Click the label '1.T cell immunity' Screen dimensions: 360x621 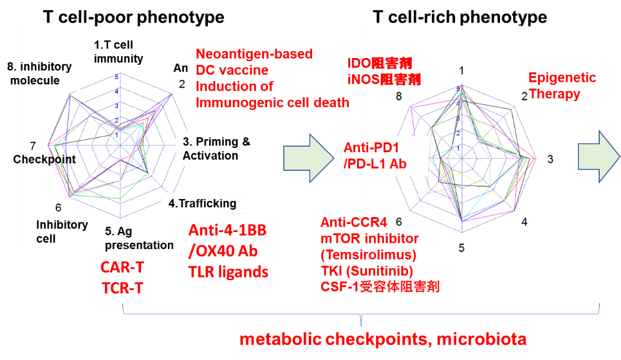(x=119, y=52)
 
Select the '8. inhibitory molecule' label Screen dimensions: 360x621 (x=40, y=73)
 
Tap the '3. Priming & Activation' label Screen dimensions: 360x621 (x=216, y=148)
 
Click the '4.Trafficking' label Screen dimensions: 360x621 (x=203, y=203)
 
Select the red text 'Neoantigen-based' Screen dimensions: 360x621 (x=254, y=54)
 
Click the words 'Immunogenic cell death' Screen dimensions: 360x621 (x=272, y=102)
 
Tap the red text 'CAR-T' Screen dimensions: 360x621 (x=123, y=268)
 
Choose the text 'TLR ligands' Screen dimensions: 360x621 (x=228, y=272)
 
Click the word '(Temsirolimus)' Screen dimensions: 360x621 (x=368, y=255)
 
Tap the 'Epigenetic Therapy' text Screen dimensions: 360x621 (x=561, y=86)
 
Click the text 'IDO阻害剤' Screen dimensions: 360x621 (x=379, y=64)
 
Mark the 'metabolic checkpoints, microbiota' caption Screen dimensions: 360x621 (x=383, y=339)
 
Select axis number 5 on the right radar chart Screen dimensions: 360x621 (x=461, y=248)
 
